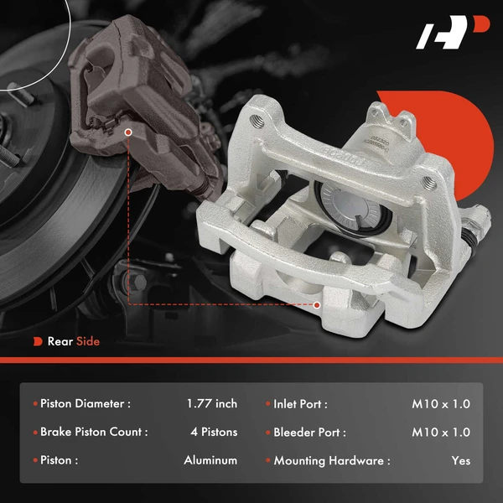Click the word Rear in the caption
click(60, 341)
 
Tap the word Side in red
click(88, 341)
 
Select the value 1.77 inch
click(212, 404)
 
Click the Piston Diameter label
click(86, 404)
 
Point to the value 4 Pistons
click(214, 433)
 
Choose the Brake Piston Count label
click(94, 433)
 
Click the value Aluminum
click(210, 460)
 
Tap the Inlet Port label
click(300, 404)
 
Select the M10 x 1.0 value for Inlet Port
click(441, 404)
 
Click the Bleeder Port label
click(309, 433)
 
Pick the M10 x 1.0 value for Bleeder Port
click(441, 433)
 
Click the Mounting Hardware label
click(332, 460)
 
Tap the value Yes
click(460, 460)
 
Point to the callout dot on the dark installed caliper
click(127, 132)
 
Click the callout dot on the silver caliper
click(318, 305)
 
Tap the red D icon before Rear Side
click(38, 341)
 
